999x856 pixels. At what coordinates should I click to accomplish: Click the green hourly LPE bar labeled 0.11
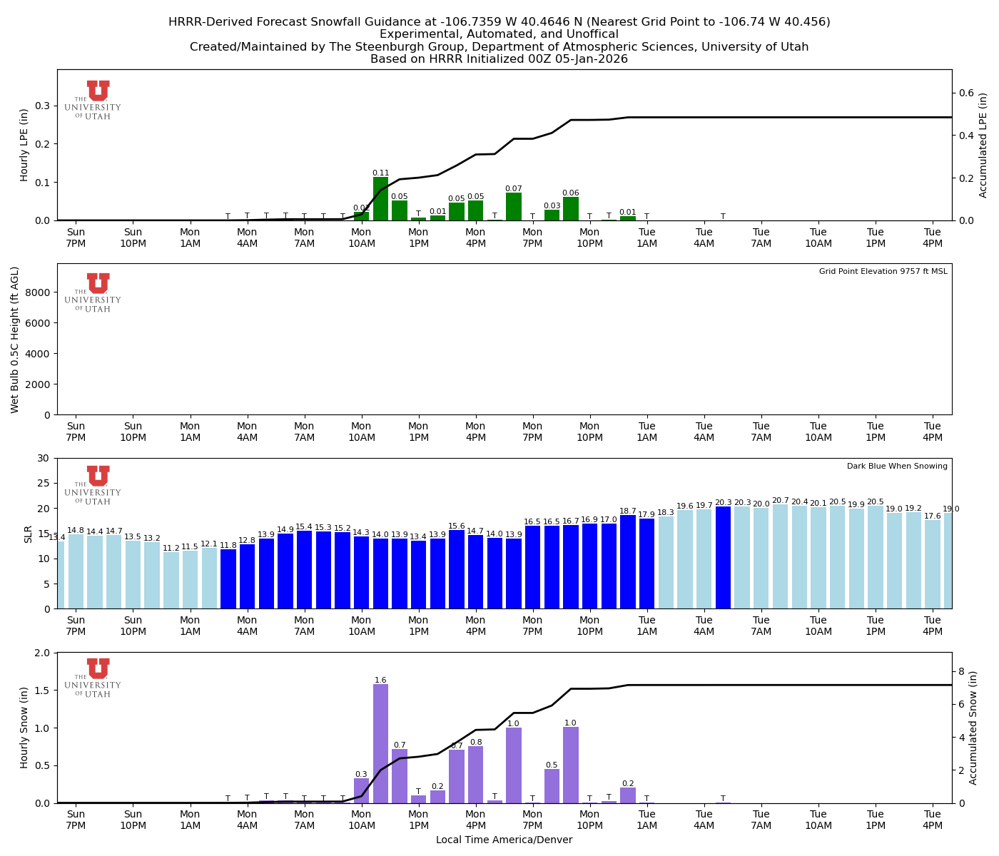(380, 199)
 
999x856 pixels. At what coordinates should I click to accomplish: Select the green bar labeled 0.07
(514, 207)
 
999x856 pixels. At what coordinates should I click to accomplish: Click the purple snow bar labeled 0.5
(552, 786)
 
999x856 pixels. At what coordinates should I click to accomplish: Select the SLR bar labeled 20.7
(780, 557)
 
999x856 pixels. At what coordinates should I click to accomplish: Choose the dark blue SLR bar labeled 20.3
(723, 558)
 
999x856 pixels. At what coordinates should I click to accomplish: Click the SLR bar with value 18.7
(628, 562)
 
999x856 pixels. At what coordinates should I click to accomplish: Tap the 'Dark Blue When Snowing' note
(897, 467)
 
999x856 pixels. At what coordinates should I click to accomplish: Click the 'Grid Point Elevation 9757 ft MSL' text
(883, 272)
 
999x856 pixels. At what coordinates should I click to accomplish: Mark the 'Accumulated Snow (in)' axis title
(973, 728)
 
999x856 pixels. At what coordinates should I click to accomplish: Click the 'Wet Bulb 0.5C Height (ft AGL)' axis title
(15, 340)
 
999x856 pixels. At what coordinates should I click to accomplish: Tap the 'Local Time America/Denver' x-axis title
(504, 840)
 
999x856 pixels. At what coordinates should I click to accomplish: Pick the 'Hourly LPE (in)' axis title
(24, 145)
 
